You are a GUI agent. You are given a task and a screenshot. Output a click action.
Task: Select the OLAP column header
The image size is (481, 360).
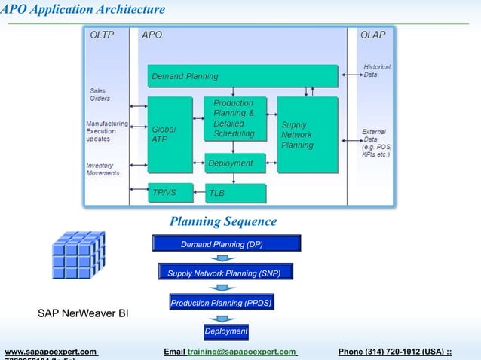[x=372, y=35]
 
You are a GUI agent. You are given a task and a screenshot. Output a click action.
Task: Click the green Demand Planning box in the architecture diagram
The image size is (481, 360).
[x=241, y=76]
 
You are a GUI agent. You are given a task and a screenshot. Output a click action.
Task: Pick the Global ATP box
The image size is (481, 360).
[x=170, y=134]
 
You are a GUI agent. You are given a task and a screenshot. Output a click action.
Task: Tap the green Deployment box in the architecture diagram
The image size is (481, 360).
[x=235, y=163]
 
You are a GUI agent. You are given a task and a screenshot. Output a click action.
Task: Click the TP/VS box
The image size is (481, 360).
[x=170, y=192]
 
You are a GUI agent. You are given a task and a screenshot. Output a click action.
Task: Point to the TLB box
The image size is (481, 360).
[x=235, y=194]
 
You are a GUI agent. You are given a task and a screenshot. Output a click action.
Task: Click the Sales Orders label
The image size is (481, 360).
[x=100, y=94]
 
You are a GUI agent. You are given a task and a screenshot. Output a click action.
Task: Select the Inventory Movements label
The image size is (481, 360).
[x=103, y=169]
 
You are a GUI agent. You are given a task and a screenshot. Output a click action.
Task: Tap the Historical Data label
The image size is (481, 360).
[x=377, y=71]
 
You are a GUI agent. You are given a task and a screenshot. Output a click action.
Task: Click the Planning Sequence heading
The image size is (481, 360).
[x=223, y=221]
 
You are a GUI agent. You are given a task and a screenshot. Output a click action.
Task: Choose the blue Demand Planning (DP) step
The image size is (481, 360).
[x=226, y=243]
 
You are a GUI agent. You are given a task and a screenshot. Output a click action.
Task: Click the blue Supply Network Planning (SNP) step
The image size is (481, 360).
[x=225, y=273]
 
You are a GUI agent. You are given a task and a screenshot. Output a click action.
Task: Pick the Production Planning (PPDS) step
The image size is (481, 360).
[x=221, y=303]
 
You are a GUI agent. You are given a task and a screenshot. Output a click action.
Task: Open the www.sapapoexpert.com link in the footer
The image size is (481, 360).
[x=51, y=352]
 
